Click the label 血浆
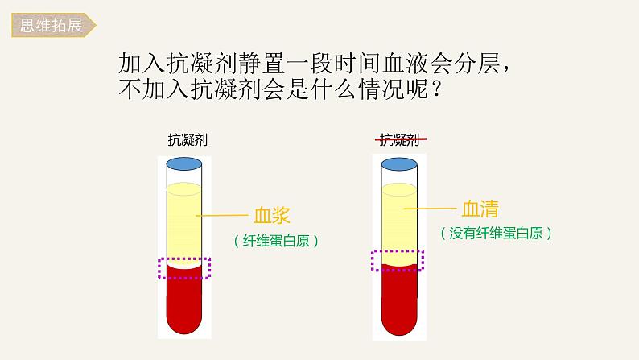[x=270, y=216]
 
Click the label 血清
[x=480, y=209]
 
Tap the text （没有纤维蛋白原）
[x=497, y=234]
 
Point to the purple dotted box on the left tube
[x=184, y=268]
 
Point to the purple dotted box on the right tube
[x=398, y=261]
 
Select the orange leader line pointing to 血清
[x=431, y=209]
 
